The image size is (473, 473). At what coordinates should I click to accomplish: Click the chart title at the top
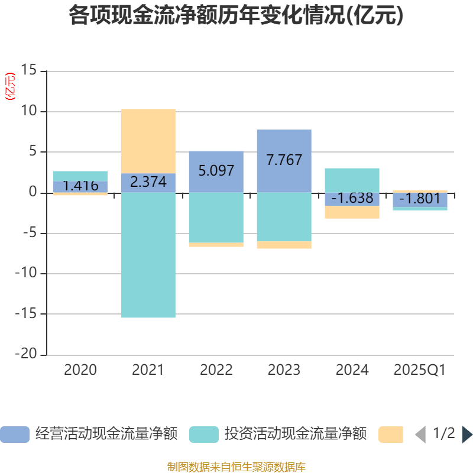tap(237, 16)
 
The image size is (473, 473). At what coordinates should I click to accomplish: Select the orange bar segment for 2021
tap(148, 141)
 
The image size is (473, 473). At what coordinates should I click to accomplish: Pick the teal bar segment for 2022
tap(216, 218)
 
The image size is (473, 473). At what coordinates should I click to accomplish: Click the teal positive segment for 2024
tap(352, 180)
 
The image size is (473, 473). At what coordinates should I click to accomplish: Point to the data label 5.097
tap(216, 171)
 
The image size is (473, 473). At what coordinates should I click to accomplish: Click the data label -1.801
tap(420, 199)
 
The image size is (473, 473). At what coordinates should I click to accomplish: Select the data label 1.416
tap(80, 186)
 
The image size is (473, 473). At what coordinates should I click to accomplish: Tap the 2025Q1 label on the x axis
tap(420, 370)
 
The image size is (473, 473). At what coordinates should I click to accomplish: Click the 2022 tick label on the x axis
tap(216, 370)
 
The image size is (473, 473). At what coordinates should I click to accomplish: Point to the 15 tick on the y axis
tap(28, 71)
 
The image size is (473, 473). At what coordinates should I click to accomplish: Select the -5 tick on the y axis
tap(28, 233)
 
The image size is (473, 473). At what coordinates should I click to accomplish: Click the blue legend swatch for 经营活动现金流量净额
tap(14, 435)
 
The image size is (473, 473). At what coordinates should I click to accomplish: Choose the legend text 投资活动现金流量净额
tap(295, 434)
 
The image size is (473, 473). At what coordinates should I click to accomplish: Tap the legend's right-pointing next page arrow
tap(467, 435)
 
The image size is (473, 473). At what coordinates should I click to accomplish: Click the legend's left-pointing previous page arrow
tap(420, 435)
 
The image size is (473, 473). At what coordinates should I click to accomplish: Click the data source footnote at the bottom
tap(237, 467)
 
